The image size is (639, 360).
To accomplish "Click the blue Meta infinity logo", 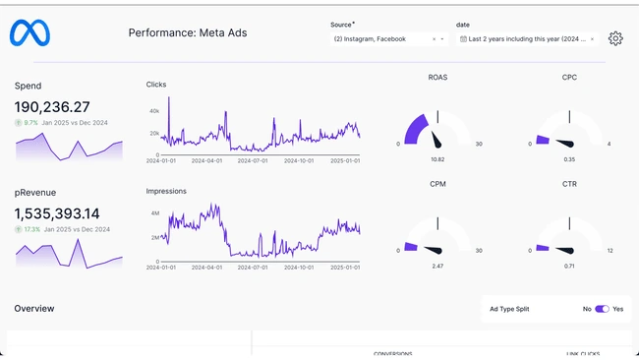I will tap(29, 33).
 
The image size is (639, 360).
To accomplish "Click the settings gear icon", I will tap(615, 38).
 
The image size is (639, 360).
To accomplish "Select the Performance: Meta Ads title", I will tap(188, 33).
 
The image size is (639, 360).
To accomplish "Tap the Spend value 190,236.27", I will tap(52, 106).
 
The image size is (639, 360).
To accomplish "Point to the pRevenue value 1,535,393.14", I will tap(57, 213).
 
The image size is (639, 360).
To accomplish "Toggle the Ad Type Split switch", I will tap(602, 309).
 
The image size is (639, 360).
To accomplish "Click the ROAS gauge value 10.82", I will tap(437, 158).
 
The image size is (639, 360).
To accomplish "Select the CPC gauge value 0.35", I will tap(569, 158).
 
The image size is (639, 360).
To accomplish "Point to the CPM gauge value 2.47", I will tap(437, 266).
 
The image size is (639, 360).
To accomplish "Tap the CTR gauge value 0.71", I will tap(569, 266).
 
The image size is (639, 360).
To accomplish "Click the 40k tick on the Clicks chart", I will tap(153, 111).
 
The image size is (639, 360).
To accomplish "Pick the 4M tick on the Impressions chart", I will tap(153, 213).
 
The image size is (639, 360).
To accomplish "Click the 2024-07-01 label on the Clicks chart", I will tap(254, 160).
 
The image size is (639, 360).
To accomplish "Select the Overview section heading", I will tap(34, 309).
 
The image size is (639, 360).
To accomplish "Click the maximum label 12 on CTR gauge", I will tap(610, 250).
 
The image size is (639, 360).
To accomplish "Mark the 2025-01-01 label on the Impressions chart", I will tap(344, 268).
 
